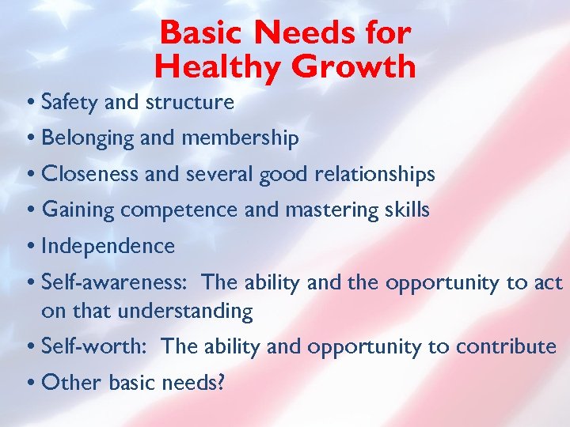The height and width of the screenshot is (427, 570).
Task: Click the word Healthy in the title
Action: click(218, 66)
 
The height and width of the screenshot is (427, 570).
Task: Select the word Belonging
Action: click(89, 139)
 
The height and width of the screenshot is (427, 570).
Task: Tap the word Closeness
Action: click(91, 174)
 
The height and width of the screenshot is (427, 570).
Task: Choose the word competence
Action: click(179, 210)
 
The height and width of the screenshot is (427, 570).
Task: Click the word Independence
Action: click(108, 246)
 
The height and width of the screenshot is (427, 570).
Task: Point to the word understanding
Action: click(185, 312)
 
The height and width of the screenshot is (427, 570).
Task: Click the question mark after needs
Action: click(221, 384)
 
